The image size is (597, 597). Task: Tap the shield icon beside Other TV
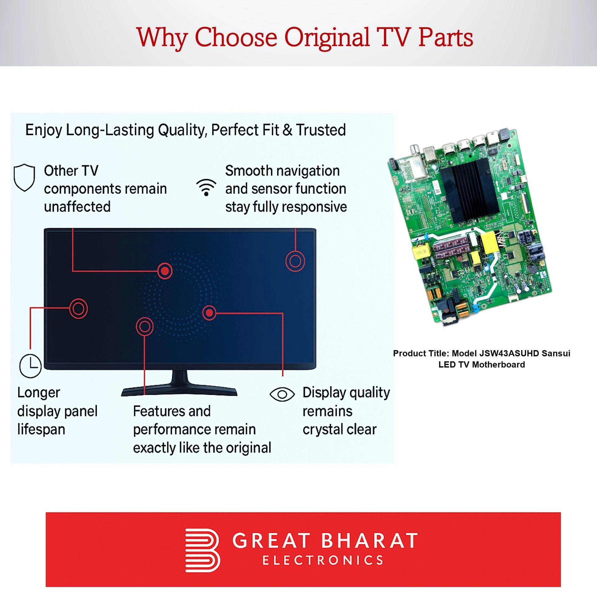[24, 178]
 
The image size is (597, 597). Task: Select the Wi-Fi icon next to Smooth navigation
[206, 187]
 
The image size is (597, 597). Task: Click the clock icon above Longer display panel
[30, 366]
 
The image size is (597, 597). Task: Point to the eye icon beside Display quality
[282, 395]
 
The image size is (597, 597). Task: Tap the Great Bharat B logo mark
[202, 550]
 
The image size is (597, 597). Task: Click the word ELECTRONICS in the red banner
[323, 560]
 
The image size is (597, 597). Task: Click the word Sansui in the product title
[556, 353]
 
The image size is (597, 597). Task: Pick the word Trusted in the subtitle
[321, 130]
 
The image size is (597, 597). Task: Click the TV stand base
[179, 390]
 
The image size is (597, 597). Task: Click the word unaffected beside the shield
[77, 207]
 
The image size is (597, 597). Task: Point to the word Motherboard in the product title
[498, 364]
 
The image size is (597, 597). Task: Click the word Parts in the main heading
[446, 38]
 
